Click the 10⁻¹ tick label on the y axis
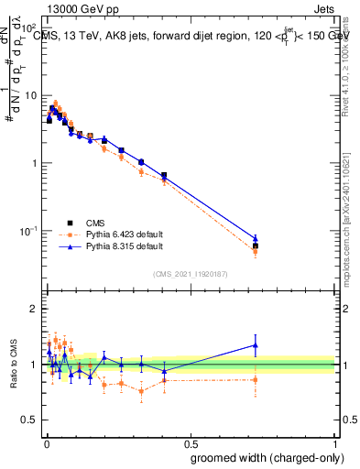[x=27, y=230]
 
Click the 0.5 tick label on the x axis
[x=191, y=441]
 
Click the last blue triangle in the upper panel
[x=256, y=238]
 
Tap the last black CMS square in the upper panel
[x=256, y=245]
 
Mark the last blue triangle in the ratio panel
[x=256, y=345]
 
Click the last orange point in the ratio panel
[x=256, y=379]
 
